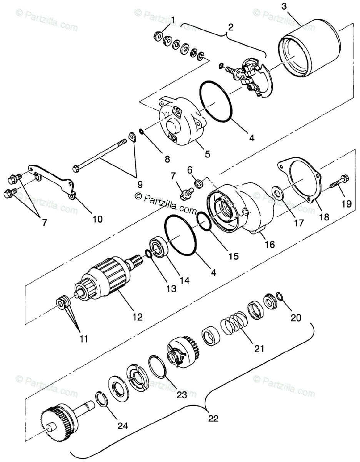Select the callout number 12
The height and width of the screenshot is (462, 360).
137,317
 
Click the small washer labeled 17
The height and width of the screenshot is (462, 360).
277,191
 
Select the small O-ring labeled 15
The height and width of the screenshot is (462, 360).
203,223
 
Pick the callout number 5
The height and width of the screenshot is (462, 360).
207,154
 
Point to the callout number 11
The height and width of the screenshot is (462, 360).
84,339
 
